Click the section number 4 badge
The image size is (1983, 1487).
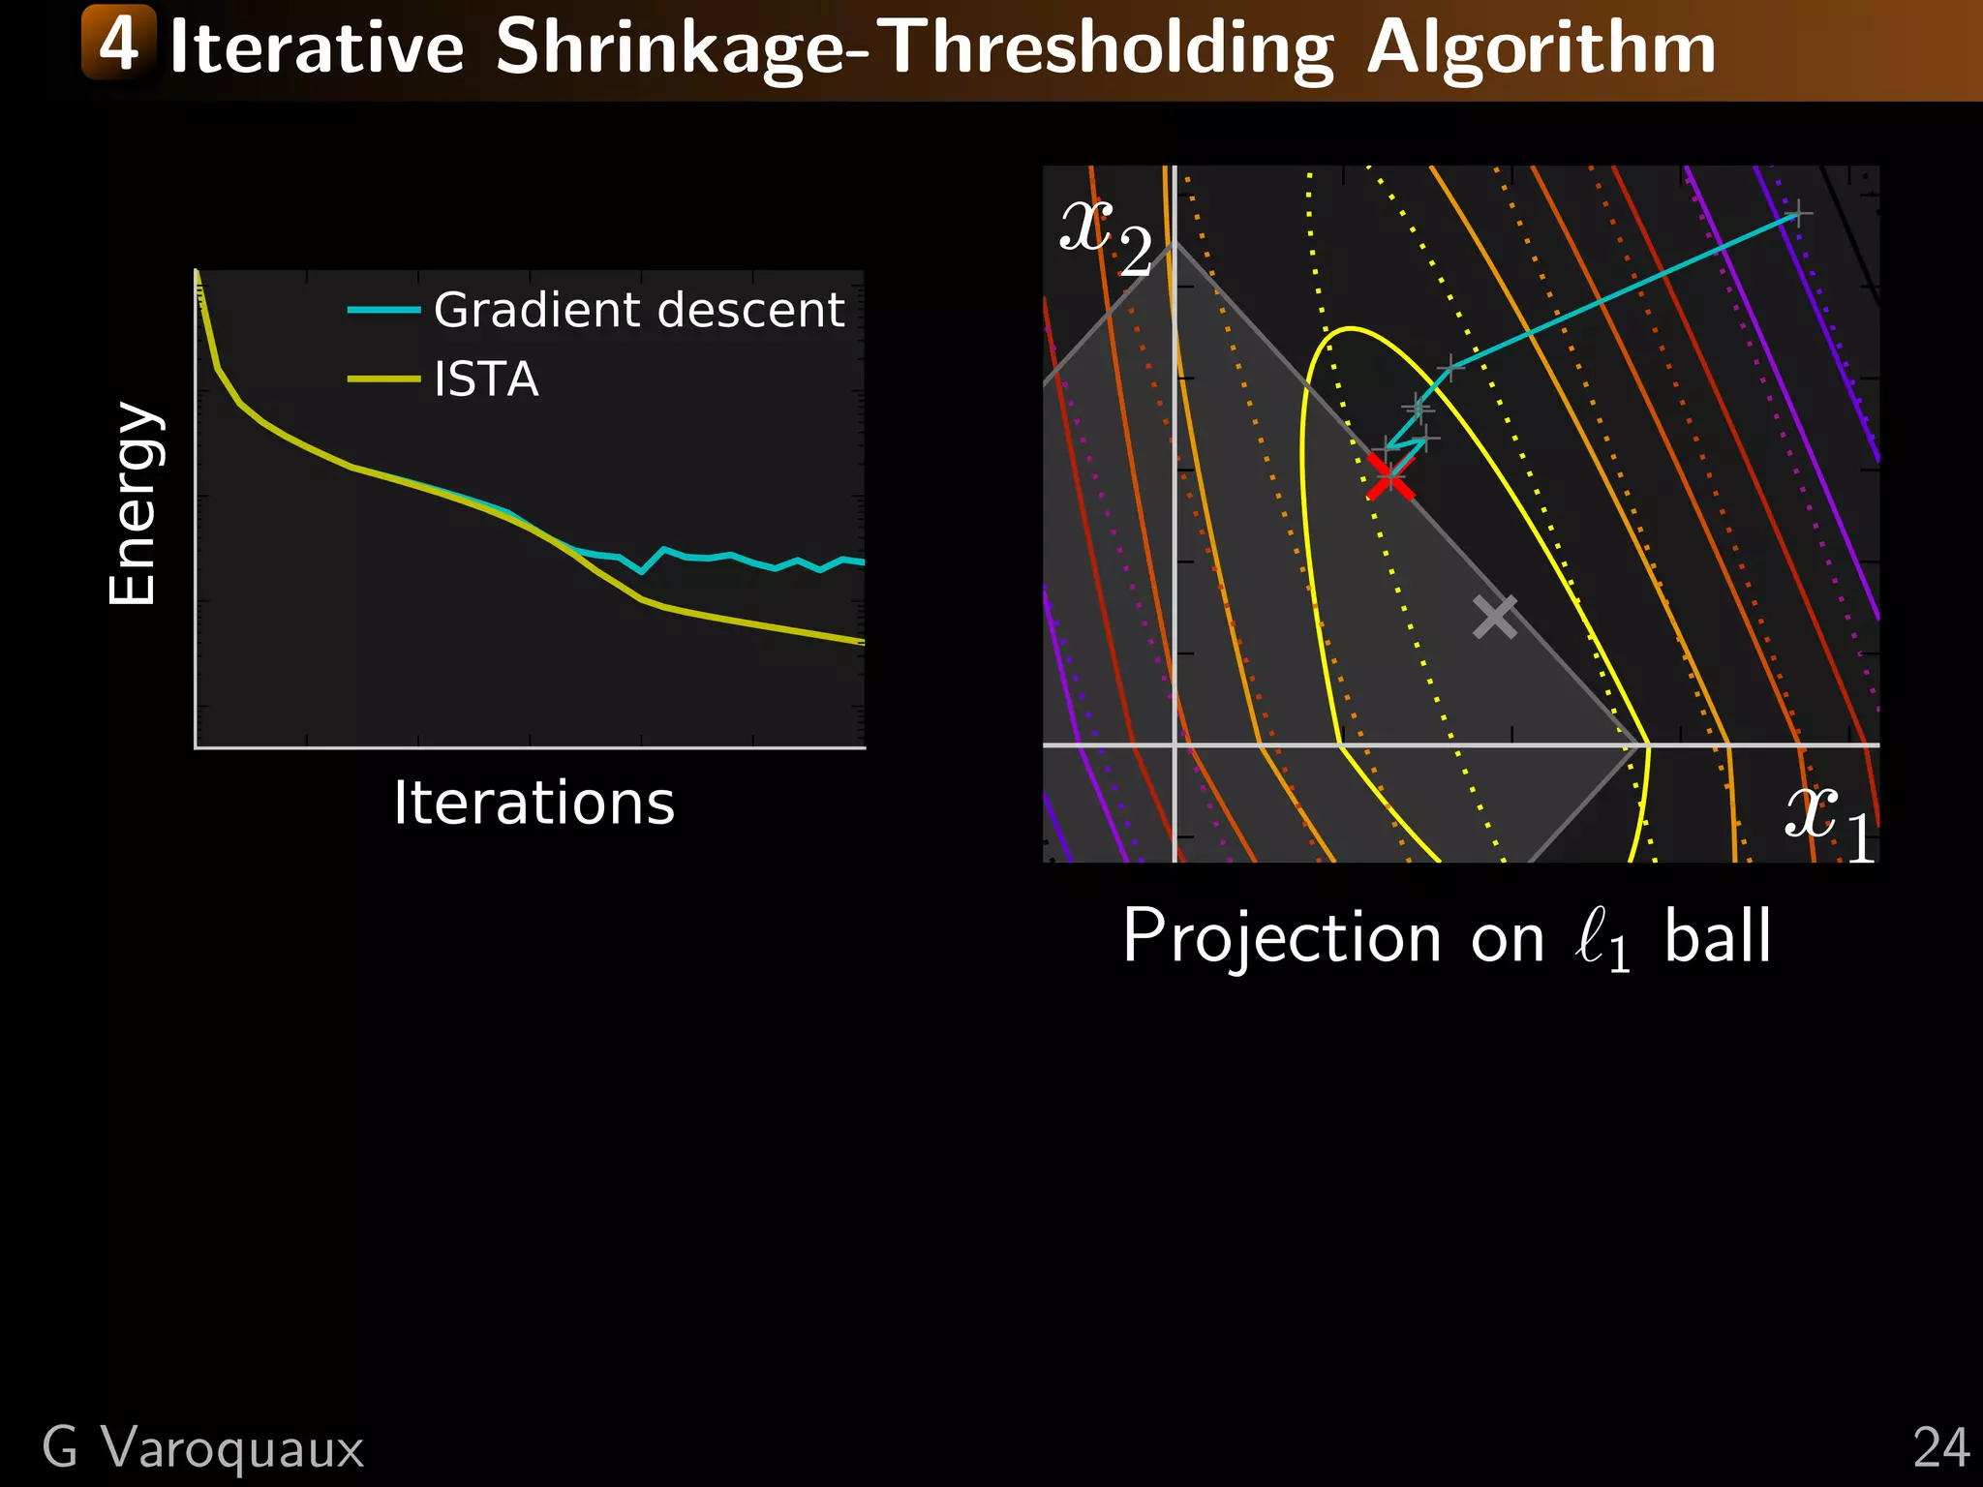119,43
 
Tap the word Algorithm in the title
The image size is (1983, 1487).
1541,48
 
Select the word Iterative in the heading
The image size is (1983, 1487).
317,48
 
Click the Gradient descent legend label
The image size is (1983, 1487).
639,310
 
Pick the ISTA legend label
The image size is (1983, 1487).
486,379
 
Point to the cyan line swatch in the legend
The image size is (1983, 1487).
383,310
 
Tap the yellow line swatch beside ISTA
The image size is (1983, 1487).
383,379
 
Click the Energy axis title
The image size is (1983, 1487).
133,503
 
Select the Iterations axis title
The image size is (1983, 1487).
534,803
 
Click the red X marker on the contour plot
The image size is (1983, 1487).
1390,475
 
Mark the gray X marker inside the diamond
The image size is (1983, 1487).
1495,617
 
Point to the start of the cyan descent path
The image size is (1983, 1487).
1797,214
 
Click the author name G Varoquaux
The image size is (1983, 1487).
203,1448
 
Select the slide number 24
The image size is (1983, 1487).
1940,1448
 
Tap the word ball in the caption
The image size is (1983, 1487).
1718,937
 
